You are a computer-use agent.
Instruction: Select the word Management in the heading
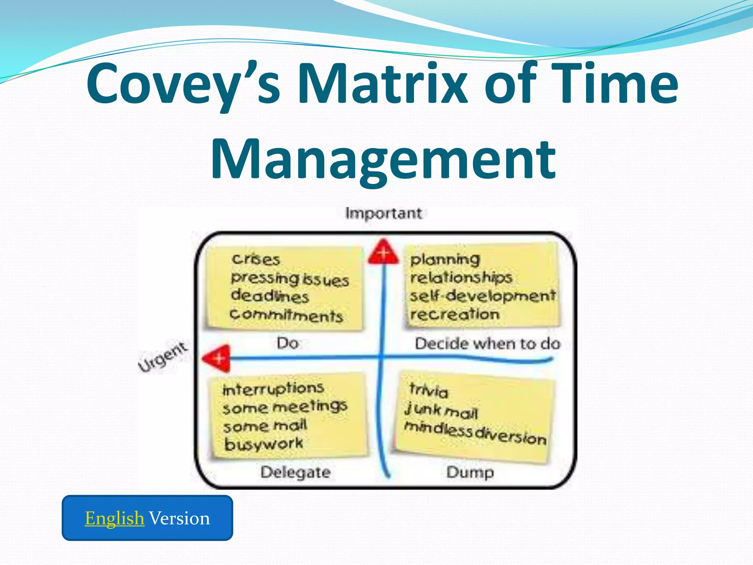[x=383, y=160]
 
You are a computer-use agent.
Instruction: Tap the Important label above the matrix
[x=383, y=213]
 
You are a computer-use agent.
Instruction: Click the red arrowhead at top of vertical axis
[x=383, y=252]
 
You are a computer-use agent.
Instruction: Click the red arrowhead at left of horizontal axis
[x=217, y=358]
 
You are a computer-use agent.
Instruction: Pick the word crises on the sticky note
[x=256, y=259]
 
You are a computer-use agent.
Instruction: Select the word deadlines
[x=270, y=296]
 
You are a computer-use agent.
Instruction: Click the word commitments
[x=286, y=315]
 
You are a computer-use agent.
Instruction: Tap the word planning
[x=445, y=259]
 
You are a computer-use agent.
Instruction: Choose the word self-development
[x=482, y=295]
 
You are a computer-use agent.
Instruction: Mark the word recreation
[x=455, y=314]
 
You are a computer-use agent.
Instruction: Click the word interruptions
[x=273, y=388]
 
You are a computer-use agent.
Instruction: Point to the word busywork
[x=264, y=444]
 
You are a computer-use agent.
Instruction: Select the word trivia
[x=429, y=390]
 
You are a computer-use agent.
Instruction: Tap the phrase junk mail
[x=441, y=411]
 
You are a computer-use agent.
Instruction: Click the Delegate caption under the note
[x=295, y=472]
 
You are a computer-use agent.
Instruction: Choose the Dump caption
[x=470, y=472]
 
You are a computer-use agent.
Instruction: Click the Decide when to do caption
[x=487, y=344]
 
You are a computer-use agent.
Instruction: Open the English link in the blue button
[x=114, y=518]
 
